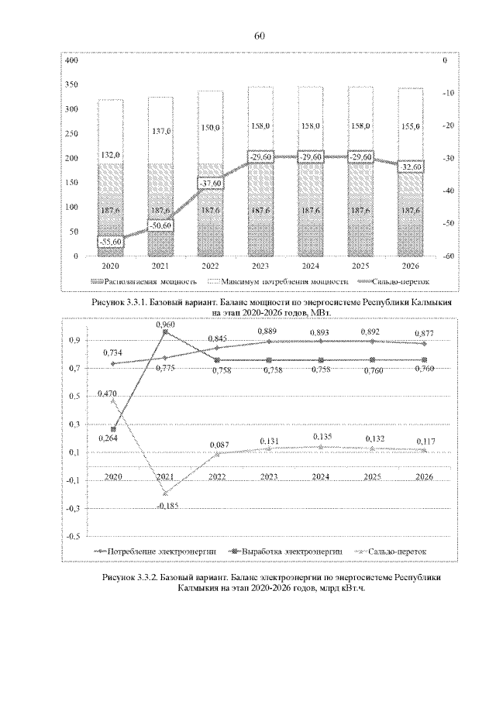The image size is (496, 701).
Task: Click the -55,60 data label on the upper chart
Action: (x=108, y=242)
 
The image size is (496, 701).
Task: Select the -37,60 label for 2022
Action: (x=210, y=184)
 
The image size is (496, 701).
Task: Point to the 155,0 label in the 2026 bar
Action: (x=411, y=125)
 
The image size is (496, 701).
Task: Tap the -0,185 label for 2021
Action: (x=167, y=505)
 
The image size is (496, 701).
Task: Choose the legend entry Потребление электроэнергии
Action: (x=161, y=551)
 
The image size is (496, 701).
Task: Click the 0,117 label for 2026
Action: (x=425, y=441)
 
